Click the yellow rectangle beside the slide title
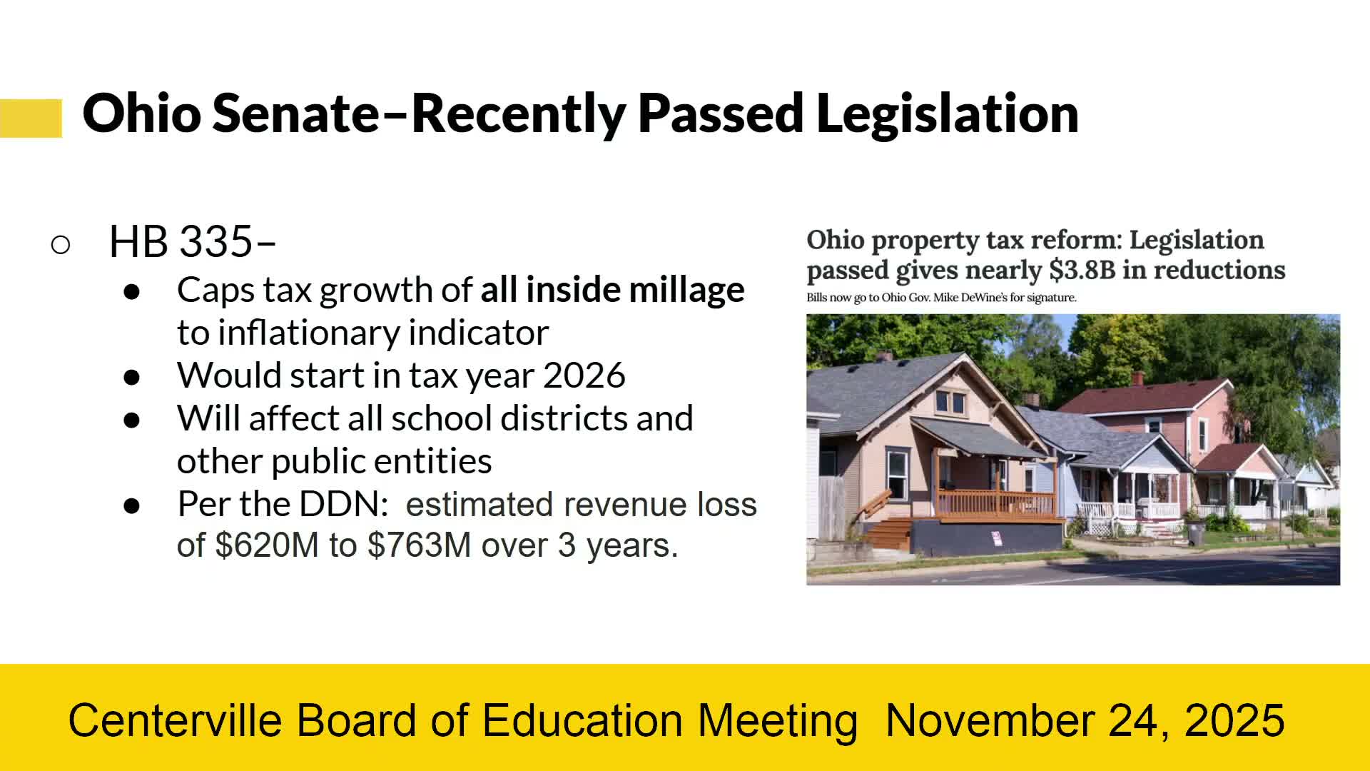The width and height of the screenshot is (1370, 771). tap(31, 118)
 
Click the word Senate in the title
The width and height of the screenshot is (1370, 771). tap(296, 113)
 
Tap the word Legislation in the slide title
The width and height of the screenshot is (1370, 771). tap(947, 114)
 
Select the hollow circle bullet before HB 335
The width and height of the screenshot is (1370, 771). tap(61, 245)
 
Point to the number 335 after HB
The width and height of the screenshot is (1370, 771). tap(216, 241)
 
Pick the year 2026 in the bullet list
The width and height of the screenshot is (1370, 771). tap(584, 376)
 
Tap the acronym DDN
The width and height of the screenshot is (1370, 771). tap(343, 504)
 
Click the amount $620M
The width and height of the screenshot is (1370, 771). tap(267, 545)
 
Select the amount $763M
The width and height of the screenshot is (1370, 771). tap(420, 545)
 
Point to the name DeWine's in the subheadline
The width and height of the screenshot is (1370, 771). tap(983, 298)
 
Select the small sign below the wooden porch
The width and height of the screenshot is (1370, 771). tap(996, 538)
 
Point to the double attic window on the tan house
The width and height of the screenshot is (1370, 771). tap(950, 403)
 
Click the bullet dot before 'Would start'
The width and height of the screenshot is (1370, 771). tap(132, 377)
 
